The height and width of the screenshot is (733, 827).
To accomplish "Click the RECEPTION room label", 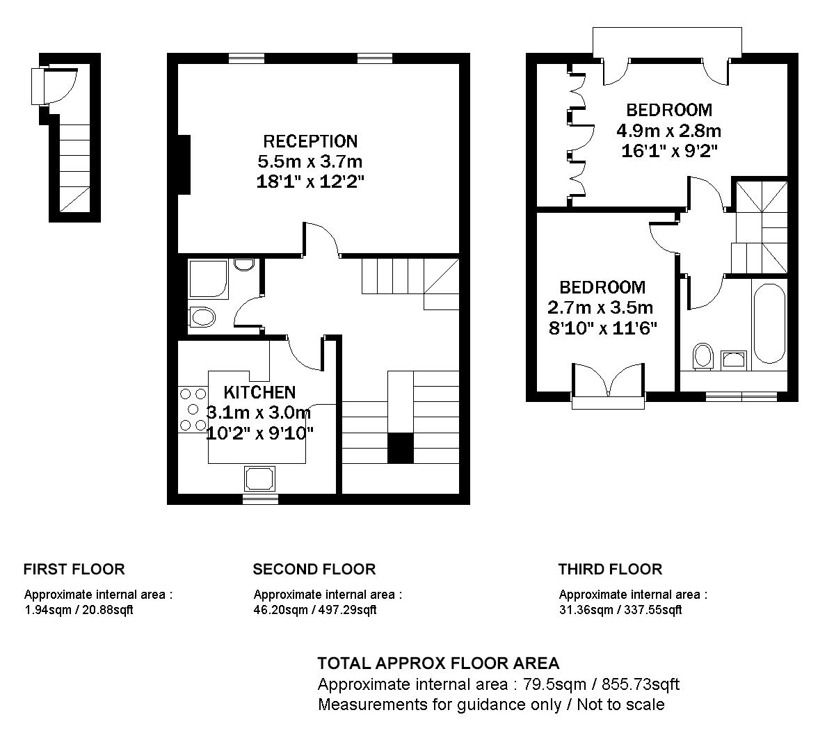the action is point(310,141).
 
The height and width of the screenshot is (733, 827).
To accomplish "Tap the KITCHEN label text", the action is point(259,392).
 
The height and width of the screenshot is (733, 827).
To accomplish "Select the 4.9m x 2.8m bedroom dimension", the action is point(669,131).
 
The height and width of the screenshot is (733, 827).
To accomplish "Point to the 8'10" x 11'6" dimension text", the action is point(602,328).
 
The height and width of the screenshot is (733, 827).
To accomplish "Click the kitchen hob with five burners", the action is point(193,410).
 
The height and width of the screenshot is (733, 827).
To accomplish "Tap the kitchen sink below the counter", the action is point(259,479).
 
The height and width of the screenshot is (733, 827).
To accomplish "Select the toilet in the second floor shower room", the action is point(202,317).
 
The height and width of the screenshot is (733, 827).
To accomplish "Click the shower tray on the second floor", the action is point(209,279).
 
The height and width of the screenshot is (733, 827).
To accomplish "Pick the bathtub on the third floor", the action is point(769,324).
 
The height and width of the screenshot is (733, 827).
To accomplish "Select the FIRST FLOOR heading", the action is point(74,570).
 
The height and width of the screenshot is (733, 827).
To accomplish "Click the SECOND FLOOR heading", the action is point(314,570).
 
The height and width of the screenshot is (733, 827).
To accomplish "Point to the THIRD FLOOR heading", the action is point(610,570).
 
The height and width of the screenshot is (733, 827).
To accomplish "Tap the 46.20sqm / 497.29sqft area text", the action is point(315,610).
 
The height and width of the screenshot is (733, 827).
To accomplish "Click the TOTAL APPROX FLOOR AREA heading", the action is point(438,663).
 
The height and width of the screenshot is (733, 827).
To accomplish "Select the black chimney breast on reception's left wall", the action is point(184,165).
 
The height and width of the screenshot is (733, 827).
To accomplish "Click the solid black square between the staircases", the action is point(401,449).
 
